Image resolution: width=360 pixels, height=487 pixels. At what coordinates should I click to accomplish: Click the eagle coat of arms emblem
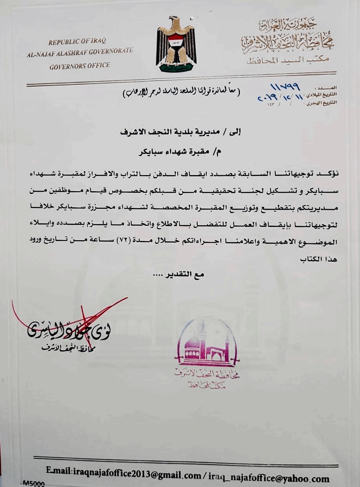click(176, 44)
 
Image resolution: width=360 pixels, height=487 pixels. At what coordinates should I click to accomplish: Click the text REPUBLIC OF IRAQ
click(77, 42)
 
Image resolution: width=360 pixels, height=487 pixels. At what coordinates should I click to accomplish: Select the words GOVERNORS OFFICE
click(80, 65)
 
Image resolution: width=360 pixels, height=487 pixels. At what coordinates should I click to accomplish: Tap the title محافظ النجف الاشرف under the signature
click(69, 346)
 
